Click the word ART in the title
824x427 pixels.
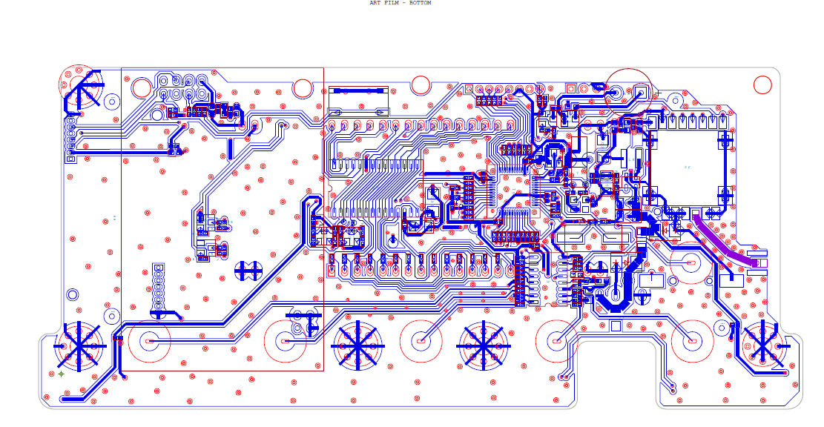tap(375, 3)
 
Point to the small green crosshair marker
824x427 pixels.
tap(62, 374)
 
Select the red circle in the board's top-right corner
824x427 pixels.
tap(762, 85)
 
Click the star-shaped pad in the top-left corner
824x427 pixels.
tap(80, 90)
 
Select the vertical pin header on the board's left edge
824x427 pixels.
tap(70, 139)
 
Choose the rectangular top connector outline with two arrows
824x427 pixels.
tap(359, 99)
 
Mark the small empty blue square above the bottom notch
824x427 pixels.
tap(615, 325)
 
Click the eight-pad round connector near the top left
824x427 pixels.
tap(182, 87)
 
